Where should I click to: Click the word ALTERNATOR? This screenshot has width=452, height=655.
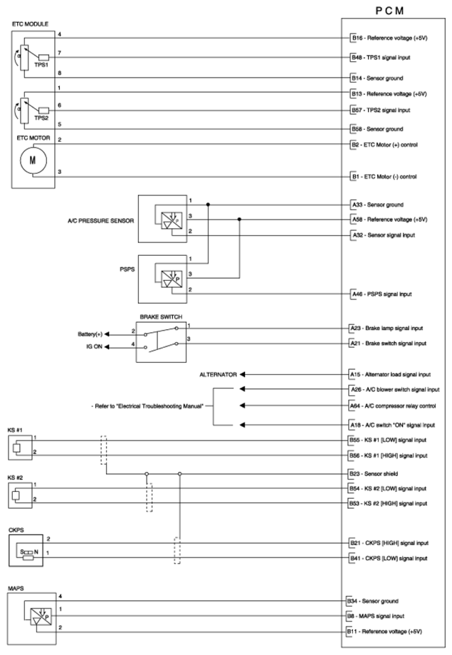218,373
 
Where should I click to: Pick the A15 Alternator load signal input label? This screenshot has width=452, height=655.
390,373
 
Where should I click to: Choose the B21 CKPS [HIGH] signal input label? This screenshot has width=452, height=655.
388,542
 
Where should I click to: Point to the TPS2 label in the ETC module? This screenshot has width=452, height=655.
41,118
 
